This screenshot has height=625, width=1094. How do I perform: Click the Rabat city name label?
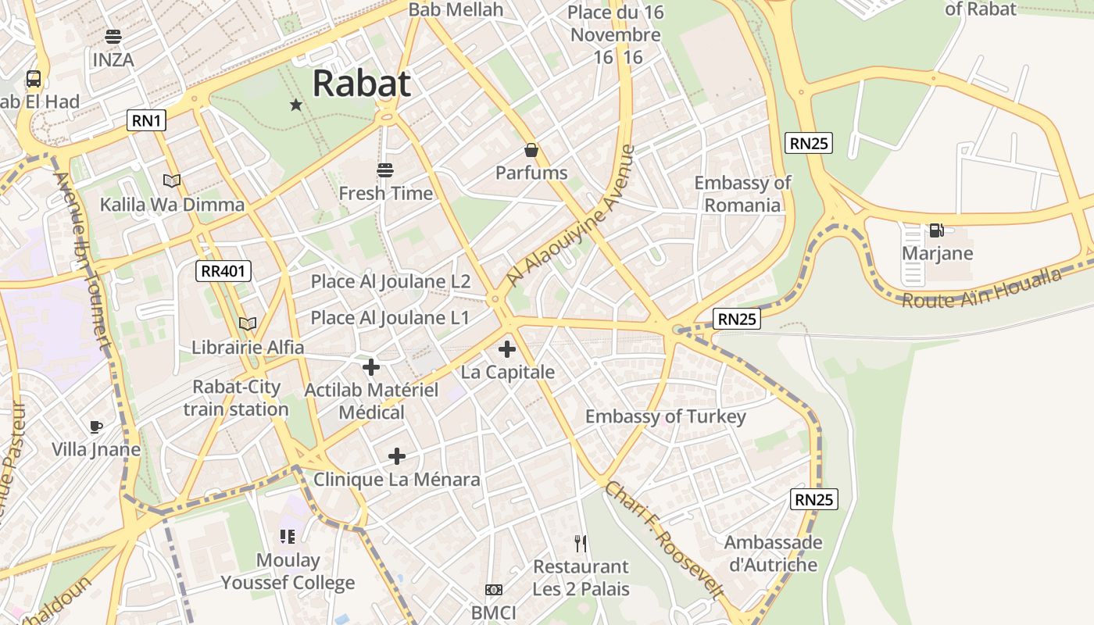tap(362, 84)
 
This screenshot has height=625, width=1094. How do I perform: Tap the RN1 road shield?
tap(147, 120)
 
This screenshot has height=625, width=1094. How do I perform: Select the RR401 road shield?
tap(223, 271)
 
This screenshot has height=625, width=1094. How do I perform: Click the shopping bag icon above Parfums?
tap(531, 150)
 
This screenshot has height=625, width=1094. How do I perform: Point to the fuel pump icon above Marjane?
tap(935, 230)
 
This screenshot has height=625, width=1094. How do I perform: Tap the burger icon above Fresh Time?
tap(384, 170)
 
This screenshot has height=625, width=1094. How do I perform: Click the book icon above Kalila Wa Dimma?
tap(172, 180)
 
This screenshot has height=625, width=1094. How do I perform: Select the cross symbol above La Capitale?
tap(507, 349)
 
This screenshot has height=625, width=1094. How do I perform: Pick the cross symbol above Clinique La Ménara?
tap(397, 456)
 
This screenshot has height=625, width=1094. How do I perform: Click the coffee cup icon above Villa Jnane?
tap(96, 427)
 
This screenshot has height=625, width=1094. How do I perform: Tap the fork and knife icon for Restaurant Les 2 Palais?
tap(581, 544)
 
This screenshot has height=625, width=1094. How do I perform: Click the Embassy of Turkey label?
tap(665, 416)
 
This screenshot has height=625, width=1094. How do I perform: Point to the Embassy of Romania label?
tap(742, 194)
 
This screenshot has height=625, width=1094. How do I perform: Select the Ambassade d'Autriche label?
tap(773, 553)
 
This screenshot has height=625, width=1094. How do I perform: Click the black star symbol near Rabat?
tap(296, 105)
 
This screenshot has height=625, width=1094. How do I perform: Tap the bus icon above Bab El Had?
tap(34, 79)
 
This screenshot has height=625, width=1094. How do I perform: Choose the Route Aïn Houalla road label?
tap(982, 288)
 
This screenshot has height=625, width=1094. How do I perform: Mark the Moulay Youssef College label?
tap(288, 571)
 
